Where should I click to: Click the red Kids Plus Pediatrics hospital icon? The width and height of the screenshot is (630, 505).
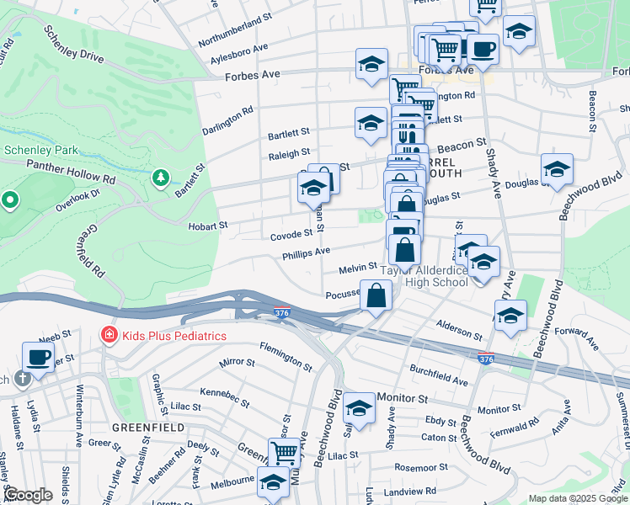(x=108, y=336)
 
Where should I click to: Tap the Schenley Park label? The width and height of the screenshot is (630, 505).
(x=41, y=150)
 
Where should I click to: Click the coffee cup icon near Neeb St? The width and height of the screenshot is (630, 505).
(x=39, y=356)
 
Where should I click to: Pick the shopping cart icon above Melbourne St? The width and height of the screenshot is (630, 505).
(x=284, y=453)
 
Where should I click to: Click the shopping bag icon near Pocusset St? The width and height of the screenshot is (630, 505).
(x=376, y=295)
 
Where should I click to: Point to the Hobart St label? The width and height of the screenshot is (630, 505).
(x=207, y=226)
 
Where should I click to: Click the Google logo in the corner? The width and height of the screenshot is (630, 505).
(x=29, y=495)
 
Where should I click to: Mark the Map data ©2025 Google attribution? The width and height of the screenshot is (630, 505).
(x=576, y=498)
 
